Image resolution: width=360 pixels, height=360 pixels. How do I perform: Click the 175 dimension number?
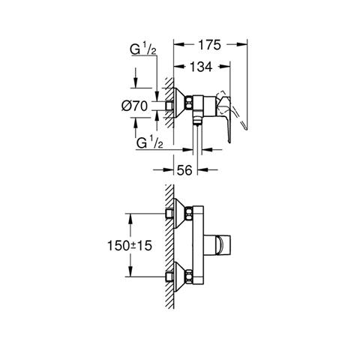tap(209, 45)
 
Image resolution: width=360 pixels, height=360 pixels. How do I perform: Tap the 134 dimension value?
tap(201, 67)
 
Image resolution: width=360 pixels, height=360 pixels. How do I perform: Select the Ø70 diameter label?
tap(134, 106)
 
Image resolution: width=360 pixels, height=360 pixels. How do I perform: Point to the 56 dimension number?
tap(184, 170)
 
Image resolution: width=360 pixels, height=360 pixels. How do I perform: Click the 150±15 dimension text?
tap(130, 245)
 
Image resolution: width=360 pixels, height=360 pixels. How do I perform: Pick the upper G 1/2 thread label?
tap(143, 49)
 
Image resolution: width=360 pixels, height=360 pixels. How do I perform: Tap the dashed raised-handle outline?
tap(232, 110)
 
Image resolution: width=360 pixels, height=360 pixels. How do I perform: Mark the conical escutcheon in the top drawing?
tap(179, 103)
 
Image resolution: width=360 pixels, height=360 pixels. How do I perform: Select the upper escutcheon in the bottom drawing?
tap(179, 214)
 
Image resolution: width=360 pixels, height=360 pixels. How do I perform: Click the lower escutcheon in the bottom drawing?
tap(179, 277)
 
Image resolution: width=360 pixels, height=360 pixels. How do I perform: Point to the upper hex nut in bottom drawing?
tap(189, 214)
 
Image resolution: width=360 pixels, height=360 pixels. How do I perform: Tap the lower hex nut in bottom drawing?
tap(189, 277)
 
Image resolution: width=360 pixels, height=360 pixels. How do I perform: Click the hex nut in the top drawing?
tap(189, 103)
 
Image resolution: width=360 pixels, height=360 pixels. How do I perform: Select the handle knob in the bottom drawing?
tap(217, 245)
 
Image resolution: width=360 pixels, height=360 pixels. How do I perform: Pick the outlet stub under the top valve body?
tap(197, 118)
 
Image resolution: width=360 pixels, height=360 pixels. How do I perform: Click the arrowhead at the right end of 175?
tap(242, 44)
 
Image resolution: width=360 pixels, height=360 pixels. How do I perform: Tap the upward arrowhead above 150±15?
tap(130, 219)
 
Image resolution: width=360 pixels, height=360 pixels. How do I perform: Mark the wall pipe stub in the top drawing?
tap(169, 106)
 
